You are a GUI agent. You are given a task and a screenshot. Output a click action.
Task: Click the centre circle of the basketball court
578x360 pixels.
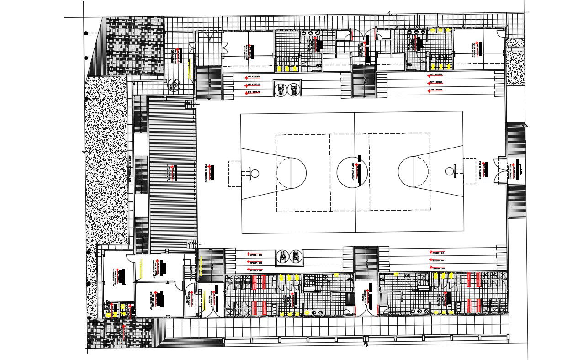pyautogui.click(x=352, y=172)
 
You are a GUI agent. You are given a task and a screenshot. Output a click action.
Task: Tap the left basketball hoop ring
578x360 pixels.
pyautogui.click(x=255, y=173)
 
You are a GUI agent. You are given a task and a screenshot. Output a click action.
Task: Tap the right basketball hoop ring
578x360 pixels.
pyautogui.click(x=450, y=171)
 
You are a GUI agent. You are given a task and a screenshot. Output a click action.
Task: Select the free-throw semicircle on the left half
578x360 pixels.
pyautogui.click(x=298, y=173)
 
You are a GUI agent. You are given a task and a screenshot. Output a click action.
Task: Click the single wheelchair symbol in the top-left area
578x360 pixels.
pyautogui.click(x=174, y=85)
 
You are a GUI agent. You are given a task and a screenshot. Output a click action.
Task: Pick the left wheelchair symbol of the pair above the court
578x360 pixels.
pyautogui.click(x=281, y=89)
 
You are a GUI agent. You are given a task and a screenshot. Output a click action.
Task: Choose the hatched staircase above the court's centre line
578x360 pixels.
pyautogui.click(x=364, y=82)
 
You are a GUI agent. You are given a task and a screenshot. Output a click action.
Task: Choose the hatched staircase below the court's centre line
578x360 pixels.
pyautogui.click(x=366, y=262)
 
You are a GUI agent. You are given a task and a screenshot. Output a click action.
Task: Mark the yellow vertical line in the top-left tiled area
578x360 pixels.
pyautogui.click(x=189, y=70)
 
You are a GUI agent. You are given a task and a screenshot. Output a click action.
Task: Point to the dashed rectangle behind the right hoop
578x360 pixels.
pyautogui.click(x=469, y=171)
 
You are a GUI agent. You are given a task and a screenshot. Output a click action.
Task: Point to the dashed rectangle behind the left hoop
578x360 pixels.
pyautogui.click(x=234, y=173)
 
